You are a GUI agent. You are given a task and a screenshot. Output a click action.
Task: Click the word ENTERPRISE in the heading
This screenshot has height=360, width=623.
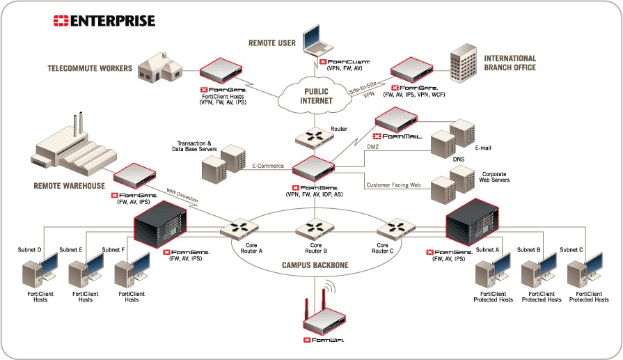point(113,21)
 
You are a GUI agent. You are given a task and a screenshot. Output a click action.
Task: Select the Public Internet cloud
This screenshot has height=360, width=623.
point(316,96)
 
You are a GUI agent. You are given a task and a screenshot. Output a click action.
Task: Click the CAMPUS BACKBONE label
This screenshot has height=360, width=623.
point(310,265)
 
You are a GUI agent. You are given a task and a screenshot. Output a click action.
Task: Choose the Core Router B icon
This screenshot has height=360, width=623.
point(311,228)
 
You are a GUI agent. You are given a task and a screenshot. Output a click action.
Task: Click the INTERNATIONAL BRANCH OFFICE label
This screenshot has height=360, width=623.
point(510,62)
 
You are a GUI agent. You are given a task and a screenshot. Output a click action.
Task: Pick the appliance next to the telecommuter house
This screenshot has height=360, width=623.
point(221,71)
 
